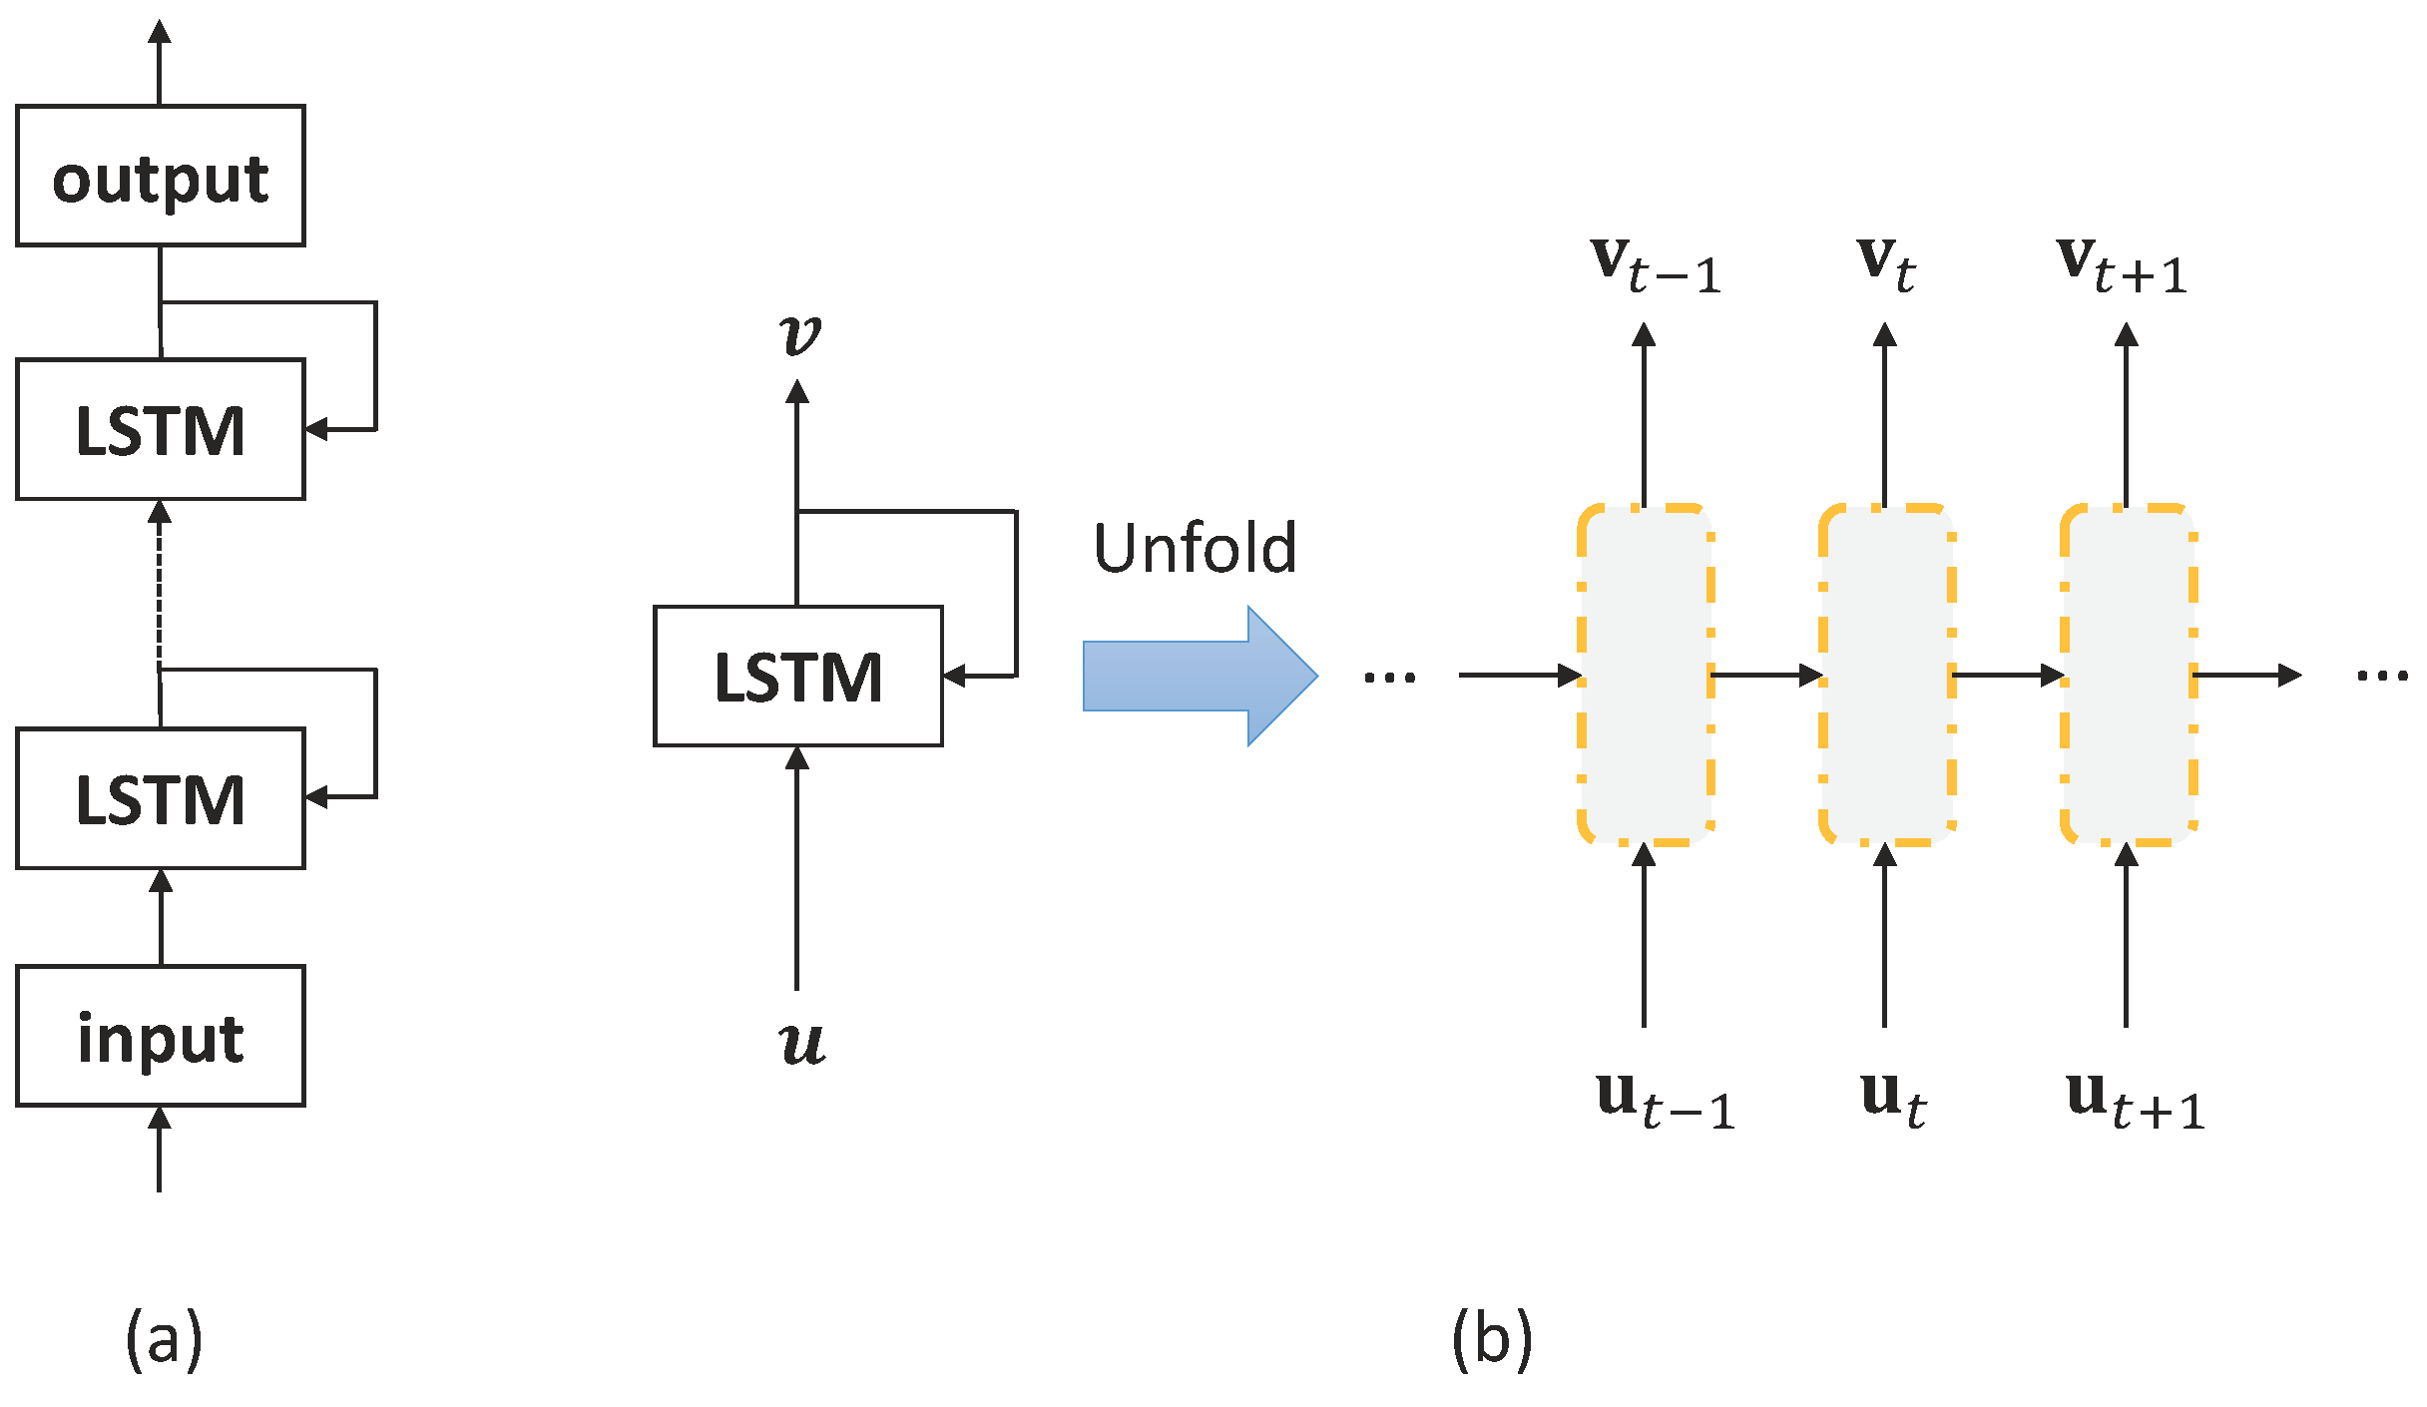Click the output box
click(x=160, y=176)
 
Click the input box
click(x=160, y=1036)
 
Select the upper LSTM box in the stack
click(x=160, y=429)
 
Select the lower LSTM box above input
click(x=160, y=798)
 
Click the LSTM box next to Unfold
click(x=797, y=676)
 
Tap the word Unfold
click(x=1195, y=548)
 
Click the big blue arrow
click(x=1198, y=676)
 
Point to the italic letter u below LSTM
click(x=801, y=1042)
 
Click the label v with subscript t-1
click(x=1655, y=265)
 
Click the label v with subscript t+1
click(x=2121, y=265)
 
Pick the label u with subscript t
click(x=1892, y=1098)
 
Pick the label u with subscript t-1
click(x=1665, y=1100)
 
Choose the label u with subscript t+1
click(x=2134, y=1100)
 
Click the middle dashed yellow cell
click(x=1886, y=676)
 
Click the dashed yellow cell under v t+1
click(x=2128, y=676)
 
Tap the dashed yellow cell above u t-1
click(x=1645, y=676)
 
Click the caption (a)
click(x=164, y=1339)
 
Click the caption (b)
click(x=1491, y=1339)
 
